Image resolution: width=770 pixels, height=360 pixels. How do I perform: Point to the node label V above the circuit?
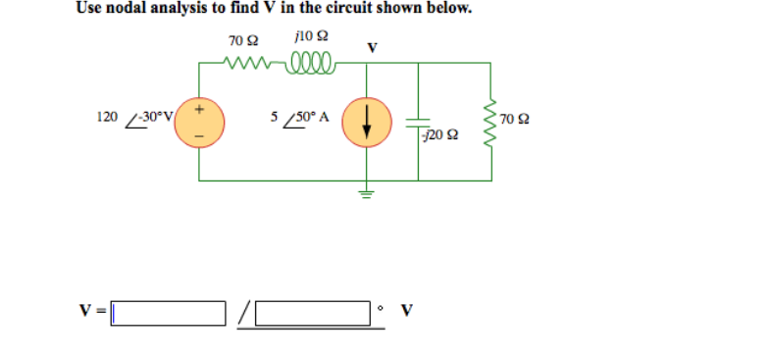point(372,46)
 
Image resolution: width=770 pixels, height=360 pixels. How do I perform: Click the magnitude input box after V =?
point(167,314)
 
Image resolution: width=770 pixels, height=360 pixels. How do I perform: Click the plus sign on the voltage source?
point(200,109)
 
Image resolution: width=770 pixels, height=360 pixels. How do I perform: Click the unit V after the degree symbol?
point(406,314)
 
